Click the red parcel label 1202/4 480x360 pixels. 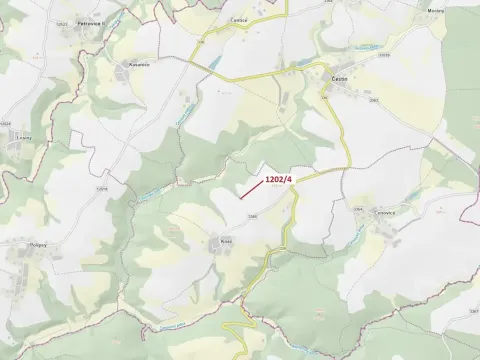coord(279,179)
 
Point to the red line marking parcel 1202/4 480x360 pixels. coord(250,190)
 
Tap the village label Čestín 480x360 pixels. coord(339,76)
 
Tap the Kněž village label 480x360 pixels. coord(226,241)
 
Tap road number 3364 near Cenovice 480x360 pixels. coord(357,208)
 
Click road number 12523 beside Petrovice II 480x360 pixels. coord(62,22)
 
